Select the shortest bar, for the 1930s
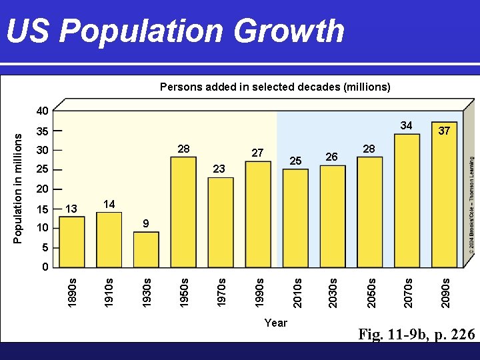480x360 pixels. [146, 249]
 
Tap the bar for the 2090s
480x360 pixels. [445, 200]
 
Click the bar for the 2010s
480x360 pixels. [295, 217]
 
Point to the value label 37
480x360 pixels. [445, 131]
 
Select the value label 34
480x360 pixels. [407, 126]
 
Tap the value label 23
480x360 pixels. [219, 169]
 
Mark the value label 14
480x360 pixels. [109, 204]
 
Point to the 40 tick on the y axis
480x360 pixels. [42, 111]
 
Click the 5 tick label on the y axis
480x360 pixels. [45, 248]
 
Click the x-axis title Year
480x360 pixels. [275, 323]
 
